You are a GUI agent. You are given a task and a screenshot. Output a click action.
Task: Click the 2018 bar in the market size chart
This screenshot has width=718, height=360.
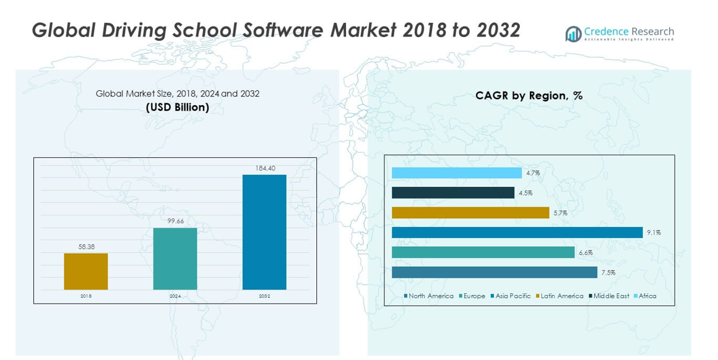pos(86,272)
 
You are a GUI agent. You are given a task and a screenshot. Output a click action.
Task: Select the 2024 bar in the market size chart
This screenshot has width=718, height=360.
pos(175,259)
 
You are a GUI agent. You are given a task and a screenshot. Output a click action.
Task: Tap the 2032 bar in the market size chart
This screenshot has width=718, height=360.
pos(264,232)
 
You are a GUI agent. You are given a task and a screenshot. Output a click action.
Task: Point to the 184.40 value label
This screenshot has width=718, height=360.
pos(265,168)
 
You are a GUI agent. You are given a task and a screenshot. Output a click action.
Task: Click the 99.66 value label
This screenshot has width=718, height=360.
pos(176,221)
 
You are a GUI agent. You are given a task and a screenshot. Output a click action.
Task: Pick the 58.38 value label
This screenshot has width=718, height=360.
pos(86,246)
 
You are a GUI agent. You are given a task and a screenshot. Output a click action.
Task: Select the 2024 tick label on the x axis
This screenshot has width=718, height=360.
pos(175,296)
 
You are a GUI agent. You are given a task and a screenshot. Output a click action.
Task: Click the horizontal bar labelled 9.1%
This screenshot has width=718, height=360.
pos(517,233)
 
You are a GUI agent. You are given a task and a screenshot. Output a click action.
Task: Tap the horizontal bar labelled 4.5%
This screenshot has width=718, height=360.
pos(453,193)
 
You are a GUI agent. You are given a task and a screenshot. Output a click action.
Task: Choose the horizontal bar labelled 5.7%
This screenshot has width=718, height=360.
pos(470,213)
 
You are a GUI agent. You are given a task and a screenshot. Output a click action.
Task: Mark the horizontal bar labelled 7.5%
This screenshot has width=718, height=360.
pos(495,272)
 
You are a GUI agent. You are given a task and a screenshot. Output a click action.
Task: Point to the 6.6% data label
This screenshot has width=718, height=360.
pos(586,252)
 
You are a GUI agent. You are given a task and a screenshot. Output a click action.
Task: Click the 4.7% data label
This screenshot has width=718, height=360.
pos(533,173)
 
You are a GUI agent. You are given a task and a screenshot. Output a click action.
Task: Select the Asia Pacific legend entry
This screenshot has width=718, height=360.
pos(511,296)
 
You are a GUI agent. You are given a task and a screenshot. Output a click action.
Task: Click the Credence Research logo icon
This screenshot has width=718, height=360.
pos(573,34)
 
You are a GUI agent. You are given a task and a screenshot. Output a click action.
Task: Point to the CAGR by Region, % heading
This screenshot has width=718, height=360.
pos(529,96)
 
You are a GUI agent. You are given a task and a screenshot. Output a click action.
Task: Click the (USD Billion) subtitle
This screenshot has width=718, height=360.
pos(178,108)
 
